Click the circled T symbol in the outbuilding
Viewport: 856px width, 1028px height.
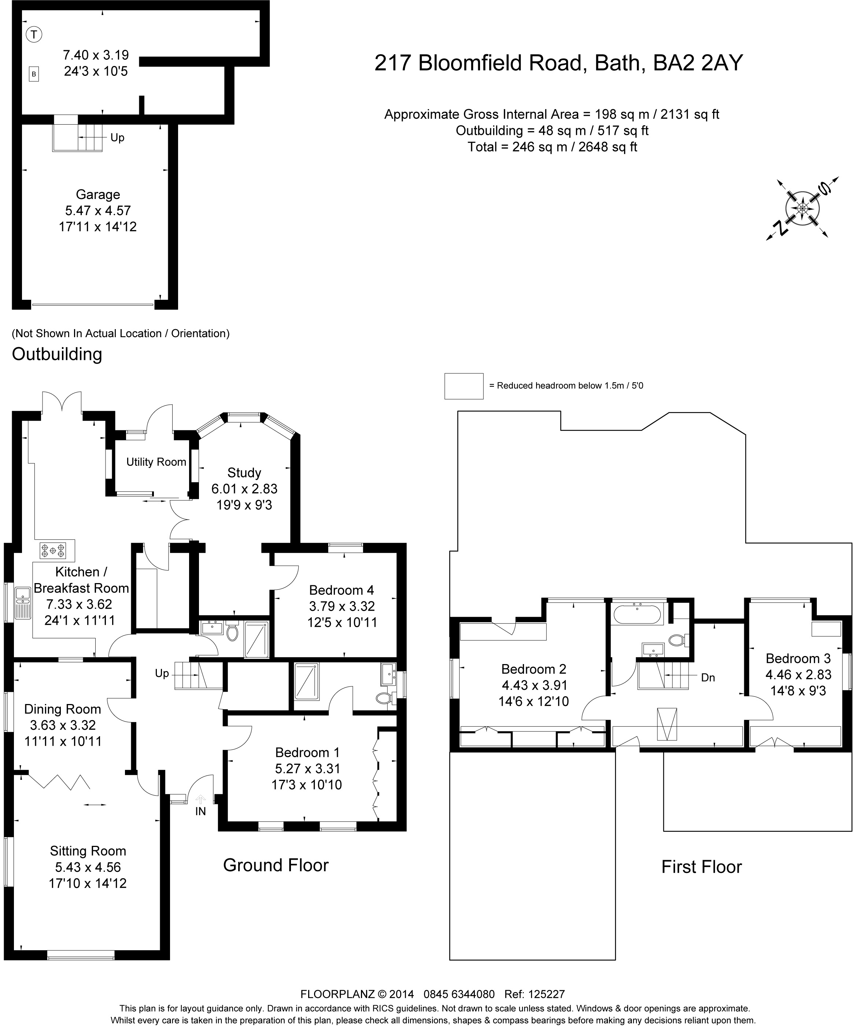34,34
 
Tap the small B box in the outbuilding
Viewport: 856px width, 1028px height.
34,74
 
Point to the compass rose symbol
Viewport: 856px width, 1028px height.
802,209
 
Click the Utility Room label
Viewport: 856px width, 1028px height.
156,462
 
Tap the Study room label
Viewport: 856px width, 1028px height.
244,472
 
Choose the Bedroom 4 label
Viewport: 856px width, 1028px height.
342,590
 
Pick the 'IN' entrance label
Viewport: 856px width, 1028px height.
201,811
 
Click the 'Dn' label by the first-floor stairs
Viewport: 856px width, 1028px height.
708,678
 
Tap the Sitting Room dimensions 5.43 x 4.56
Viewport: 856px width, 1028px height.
88,867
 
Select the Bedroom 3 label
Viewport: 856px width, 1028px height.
798,659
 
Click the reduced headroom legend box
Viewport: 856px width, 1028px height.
464,386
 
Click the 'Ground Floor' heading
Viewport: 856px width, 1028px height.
276,865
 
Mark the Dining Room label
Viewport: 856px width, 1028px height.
63,709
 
